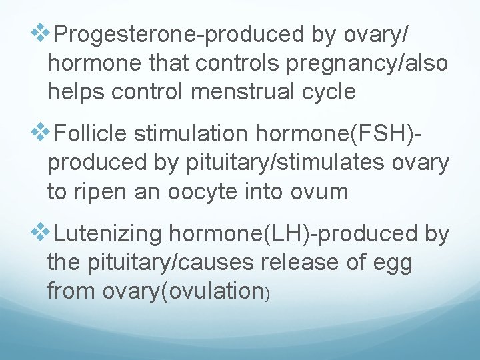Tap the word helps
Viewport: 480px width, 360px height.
(76, 91)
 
